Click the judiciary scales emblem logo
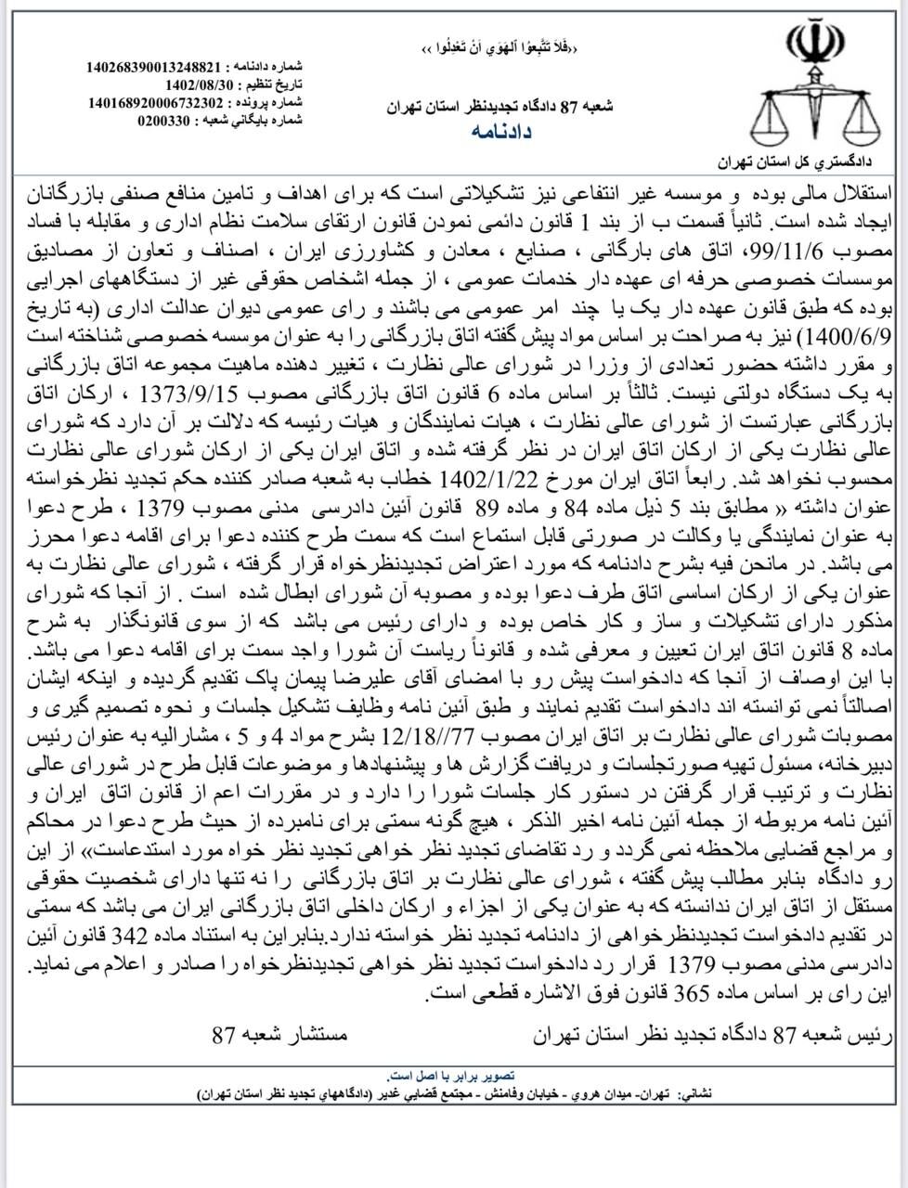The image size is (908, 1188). [x=814, y=88]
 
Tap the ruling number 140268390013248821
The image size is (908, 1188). [x=153, y=68]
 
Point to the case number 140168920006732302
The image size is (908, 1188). [x=153, y=102]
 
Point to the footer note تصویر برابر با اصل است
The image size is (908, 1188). [x=452, y=1078]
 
